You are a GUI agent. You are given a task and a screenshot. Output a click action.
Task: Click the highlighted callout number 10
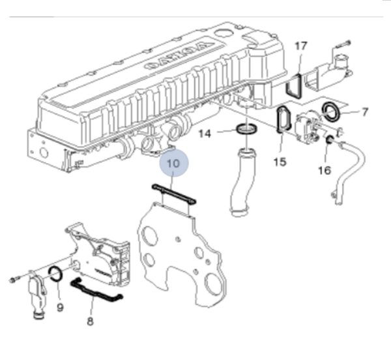pyautogui.click(x=173, y=165)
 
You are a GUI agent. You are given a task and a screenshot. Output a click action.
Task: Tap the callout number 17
pyautogui.click(x=300, y=47)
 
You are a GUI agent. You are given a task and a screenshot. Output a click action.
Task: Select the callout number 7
pyautogui.click(x=364, y=112)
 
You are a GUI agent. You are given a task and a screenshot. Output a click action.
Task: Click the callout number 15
pyautogui.click(x=280, y=161)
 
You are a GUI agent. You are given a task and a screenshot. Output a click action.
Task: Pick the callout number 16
pyautogui.click(x=324, y=171)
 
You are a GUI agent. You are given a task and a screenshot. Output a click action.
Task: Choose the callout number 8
pyautogui.click(x=90, y=321)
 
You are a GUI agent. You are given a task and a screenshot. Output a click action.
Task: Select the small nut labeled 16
pyautogui.click(x=330, y=142)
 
